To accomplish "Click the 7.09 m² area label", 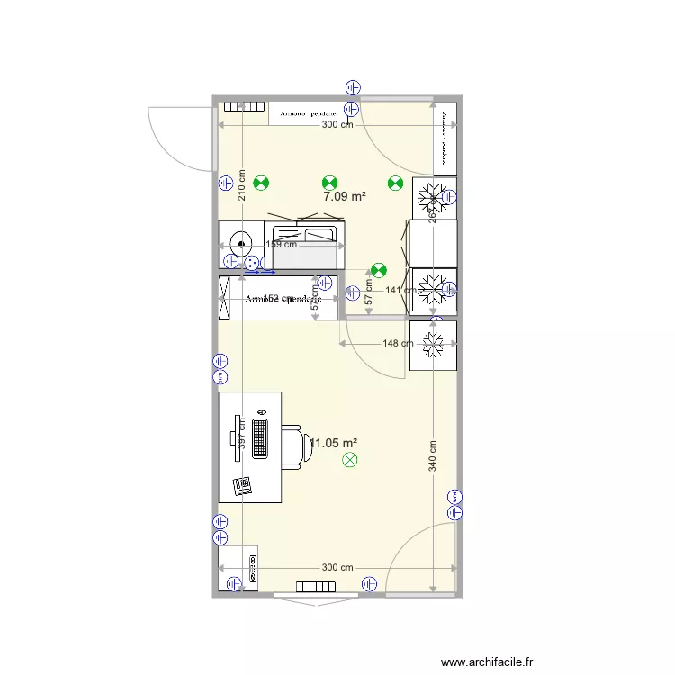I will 345,196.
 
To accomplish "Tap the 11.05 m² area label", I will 334,443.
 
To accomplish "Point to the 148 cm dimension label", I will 398,343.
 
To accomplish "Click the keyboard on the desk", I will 261,438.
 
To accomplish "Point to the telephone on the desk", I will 242,486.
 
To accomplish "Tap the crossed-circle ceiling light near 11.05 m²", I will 350,461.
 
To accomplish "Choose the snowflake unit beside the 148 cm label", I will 433,342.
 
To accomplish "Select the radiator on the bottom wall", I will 316,587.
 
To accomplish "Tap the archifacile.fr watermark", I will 488,661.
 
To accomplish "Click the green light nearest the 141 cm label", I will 379,269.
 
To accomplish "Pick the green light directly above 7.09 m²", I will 330,182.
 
